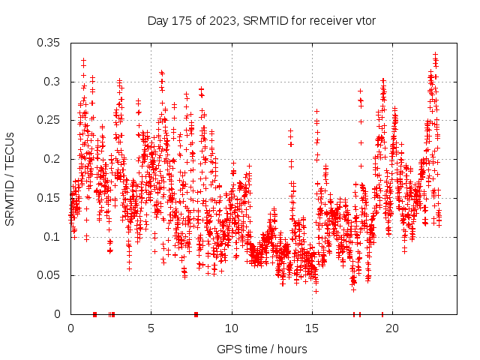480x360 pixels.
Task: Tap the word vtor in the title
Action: pos(364,19)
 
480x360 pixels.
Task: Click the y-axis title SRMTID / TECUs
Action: pos(10,178)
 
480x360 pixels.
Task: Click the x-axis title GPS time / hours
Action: pos(262,349)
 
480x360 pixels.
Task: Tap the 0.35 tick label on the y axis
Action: pos(49,42)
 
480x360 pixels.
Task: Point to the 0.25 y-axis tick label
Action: pos(49,120)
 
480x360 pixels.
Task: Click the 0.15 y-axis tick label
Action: pos(49,198)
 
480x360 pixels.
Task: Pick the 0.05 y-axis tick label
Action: pos(49,275)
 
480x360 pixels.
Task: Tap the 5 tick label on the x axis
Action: pos(151,328)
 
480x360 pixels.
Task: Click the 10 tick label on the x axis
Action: pos(232,328)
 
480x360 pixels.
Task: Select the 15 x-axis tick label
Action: pos(312,328)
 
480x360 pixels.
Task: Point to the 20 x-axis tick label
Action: pos(393,328)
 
